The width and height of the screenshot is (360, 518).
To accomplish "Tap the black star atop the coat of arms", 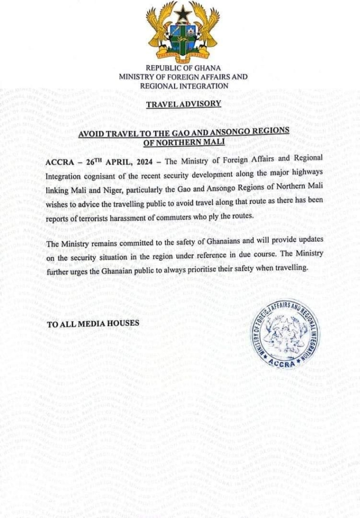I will point(183,12).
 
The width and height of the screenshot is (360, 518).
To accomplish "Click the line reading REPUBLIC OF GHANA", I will point(183,68).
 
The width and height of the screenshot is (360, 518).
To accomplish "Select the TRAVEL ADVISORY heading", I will point(183,104).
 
